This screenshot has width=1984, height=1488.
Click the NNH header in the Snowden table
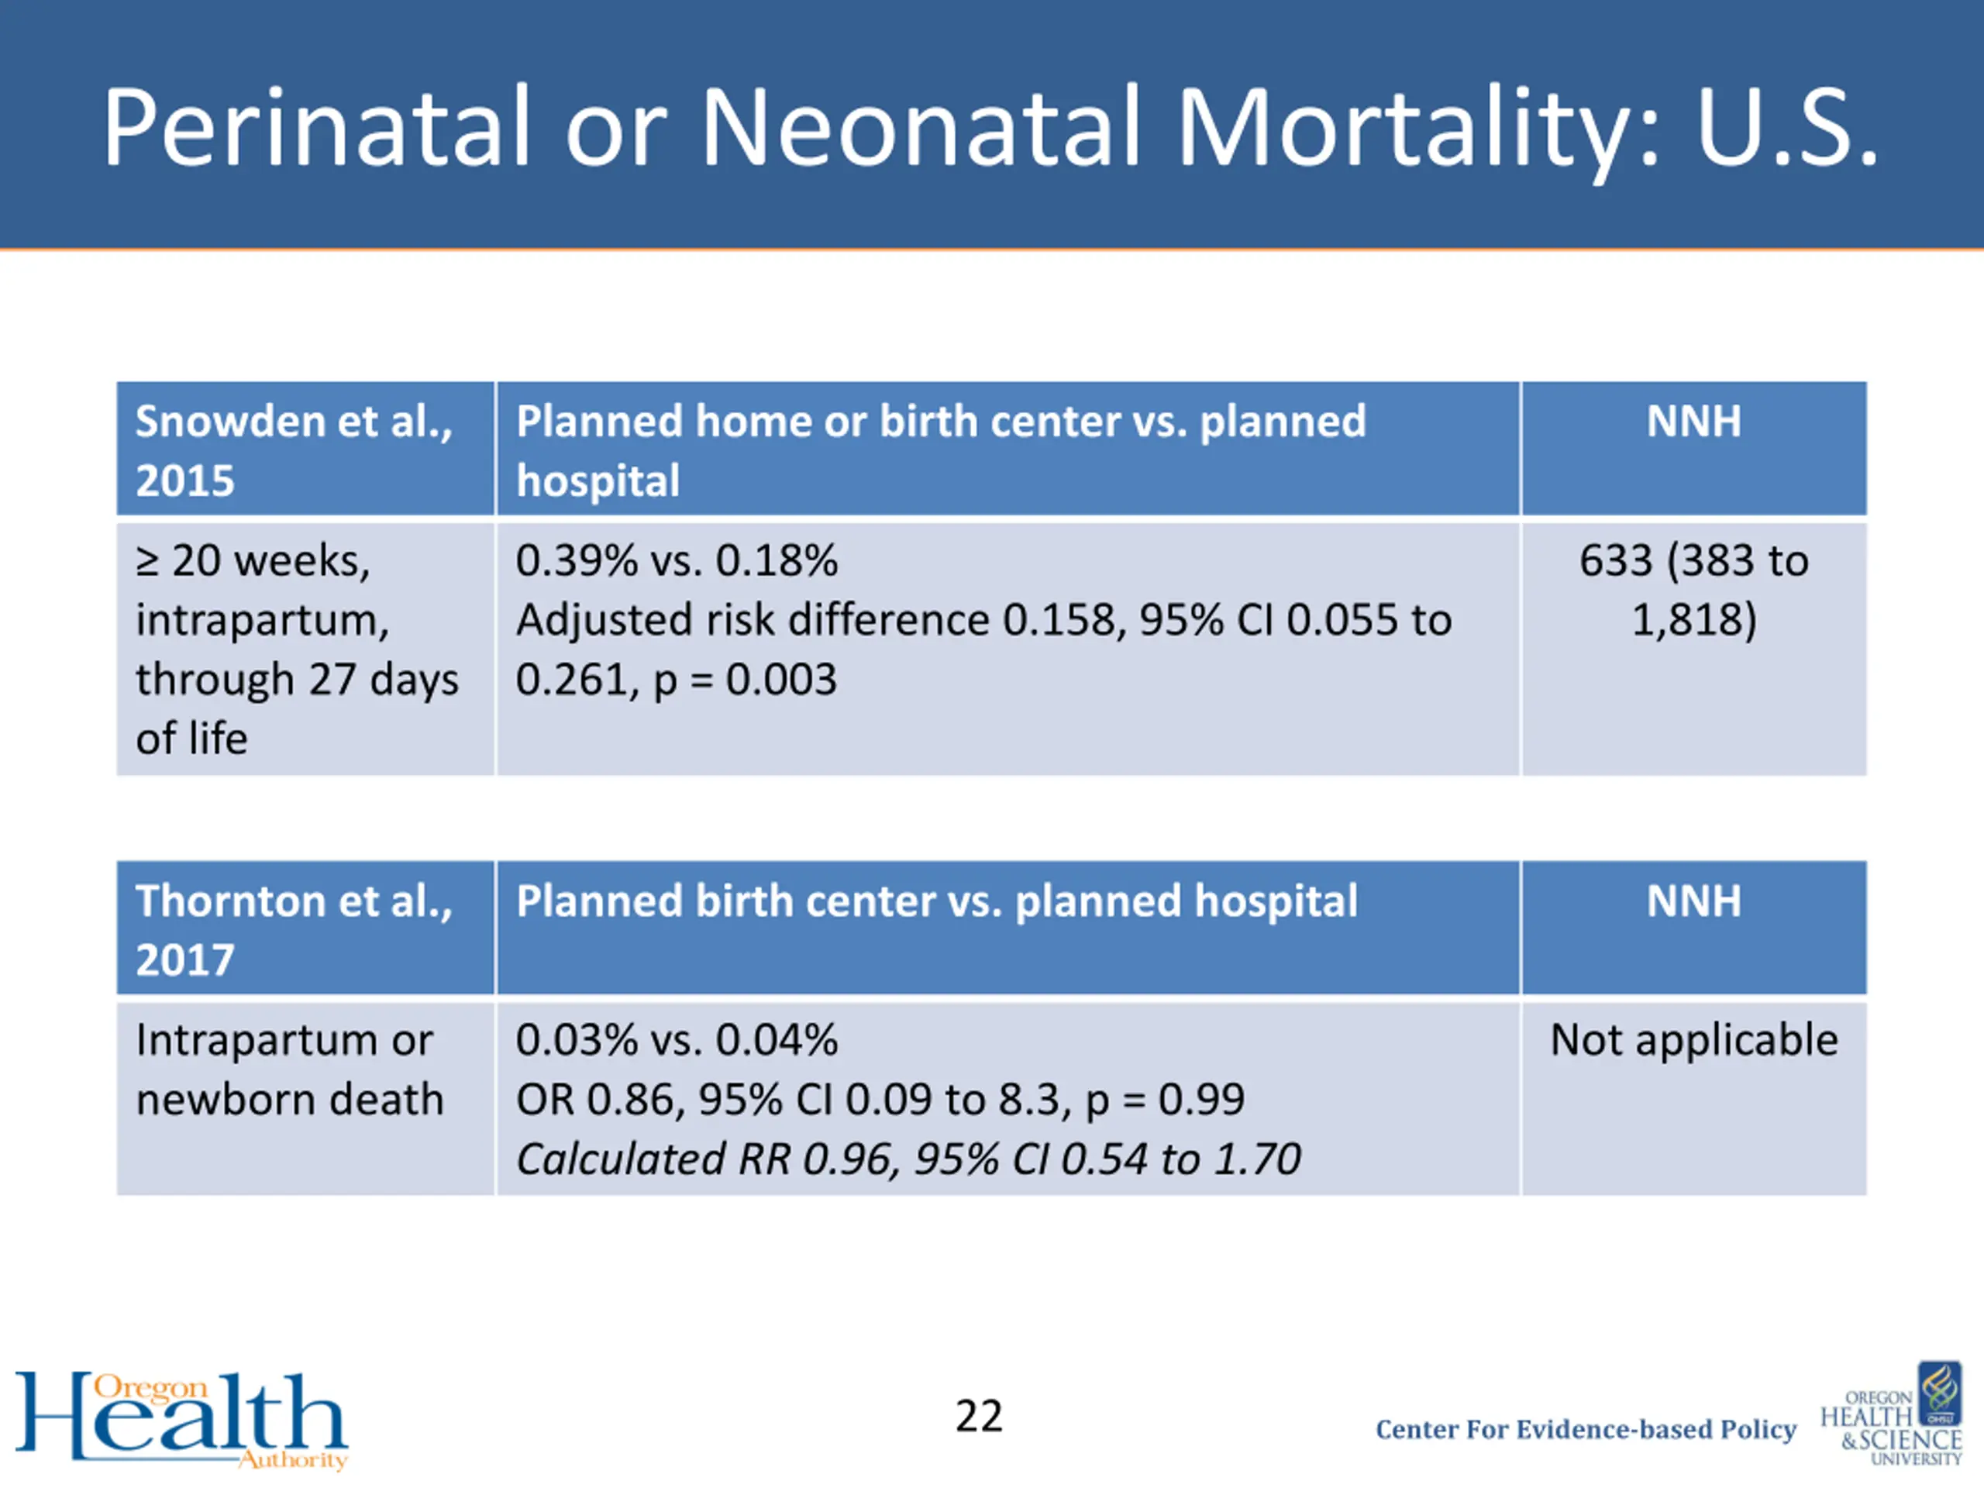pyautogui.click(x=1693, y=422)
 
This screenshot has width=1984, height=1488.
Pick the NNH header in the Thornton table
pyautogui.click(x=1693, y=901)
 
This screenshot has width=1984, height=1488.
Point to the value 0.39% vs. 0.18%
pyautogui.click(x=677, y=560)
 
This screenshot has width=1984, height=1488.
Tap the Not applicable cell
pyautogui.click(x=1693, y=1040)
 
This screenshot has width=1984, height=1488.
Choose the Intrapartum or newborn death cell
pyautogui.click(x=289, y=1069)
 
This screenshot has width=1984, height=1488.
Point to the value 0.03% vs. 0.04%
pyautogui.click(x=677, y=1040)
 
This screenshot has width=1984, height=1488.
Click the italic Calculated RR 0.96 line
pyautogui.click(x=908, y=1159)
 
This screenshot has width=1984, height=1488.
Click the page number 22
pyautogui.click(x=979, y=1416)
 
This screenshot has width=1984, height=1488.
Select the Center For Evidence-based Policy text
pyautogui.click(x=1586, y=1430)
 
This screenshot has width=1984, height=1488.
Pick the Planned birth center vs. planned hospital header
pyautogui.click(x=936, y=901)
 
